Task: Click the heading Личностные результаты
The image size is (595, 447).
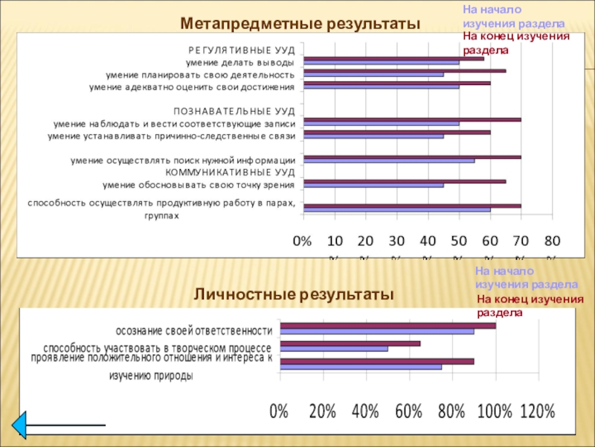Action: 294,295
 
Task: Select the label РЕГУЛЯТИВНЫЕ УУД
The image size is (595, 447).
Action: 241,50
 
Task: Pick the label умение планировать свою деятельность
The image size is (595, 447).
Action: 200,74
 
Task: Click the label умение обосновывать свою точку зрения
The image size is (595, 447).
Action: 199,185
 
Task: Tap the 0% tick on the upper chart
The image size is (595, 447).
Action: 303,241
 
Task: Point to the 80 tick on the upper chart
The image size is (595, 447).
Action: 552,241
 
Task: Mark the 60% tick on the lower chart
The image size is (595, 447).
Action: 408,411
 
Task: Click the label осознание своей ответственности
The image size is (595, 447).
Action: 194,331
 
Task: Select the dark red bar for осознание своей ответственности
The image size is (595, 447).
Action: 387,326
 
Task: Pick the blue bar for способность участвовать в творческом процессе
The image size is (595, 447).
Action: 334,349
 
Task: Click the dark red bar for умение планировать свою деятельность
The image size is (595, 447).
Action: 405,71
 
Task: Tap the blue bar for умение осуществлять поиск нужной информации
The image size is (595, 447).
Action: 389,160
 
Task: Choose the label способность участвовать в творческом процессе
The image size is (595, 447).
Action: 158,348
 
